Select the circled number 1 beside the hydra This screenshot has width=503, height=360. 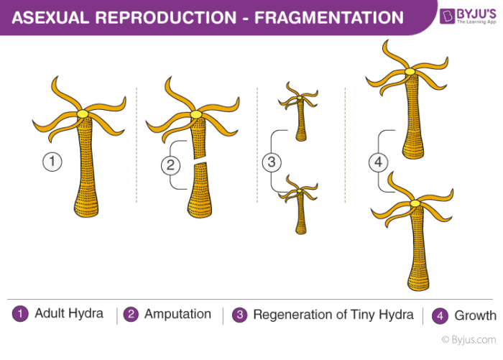[52, 162]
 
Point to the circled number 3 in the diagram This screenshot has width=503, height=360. [272, 162]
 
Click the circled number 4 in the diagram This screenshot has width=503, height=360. [379, 162]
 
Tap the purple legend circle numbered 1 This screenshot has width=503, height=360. [21, 314]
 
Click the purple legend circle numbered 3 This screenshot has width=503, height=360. [241, 314]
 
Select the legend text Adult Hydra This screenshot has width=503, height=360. [70, 314]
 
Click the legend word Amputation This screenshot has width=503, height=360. [177, 314]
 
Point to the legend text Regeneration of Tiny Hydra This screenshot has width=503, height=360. [333, 315]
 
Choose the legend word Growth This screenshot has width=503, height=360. [475, 315]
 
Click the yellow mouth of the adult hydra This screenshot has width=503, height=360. [83, 114]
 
